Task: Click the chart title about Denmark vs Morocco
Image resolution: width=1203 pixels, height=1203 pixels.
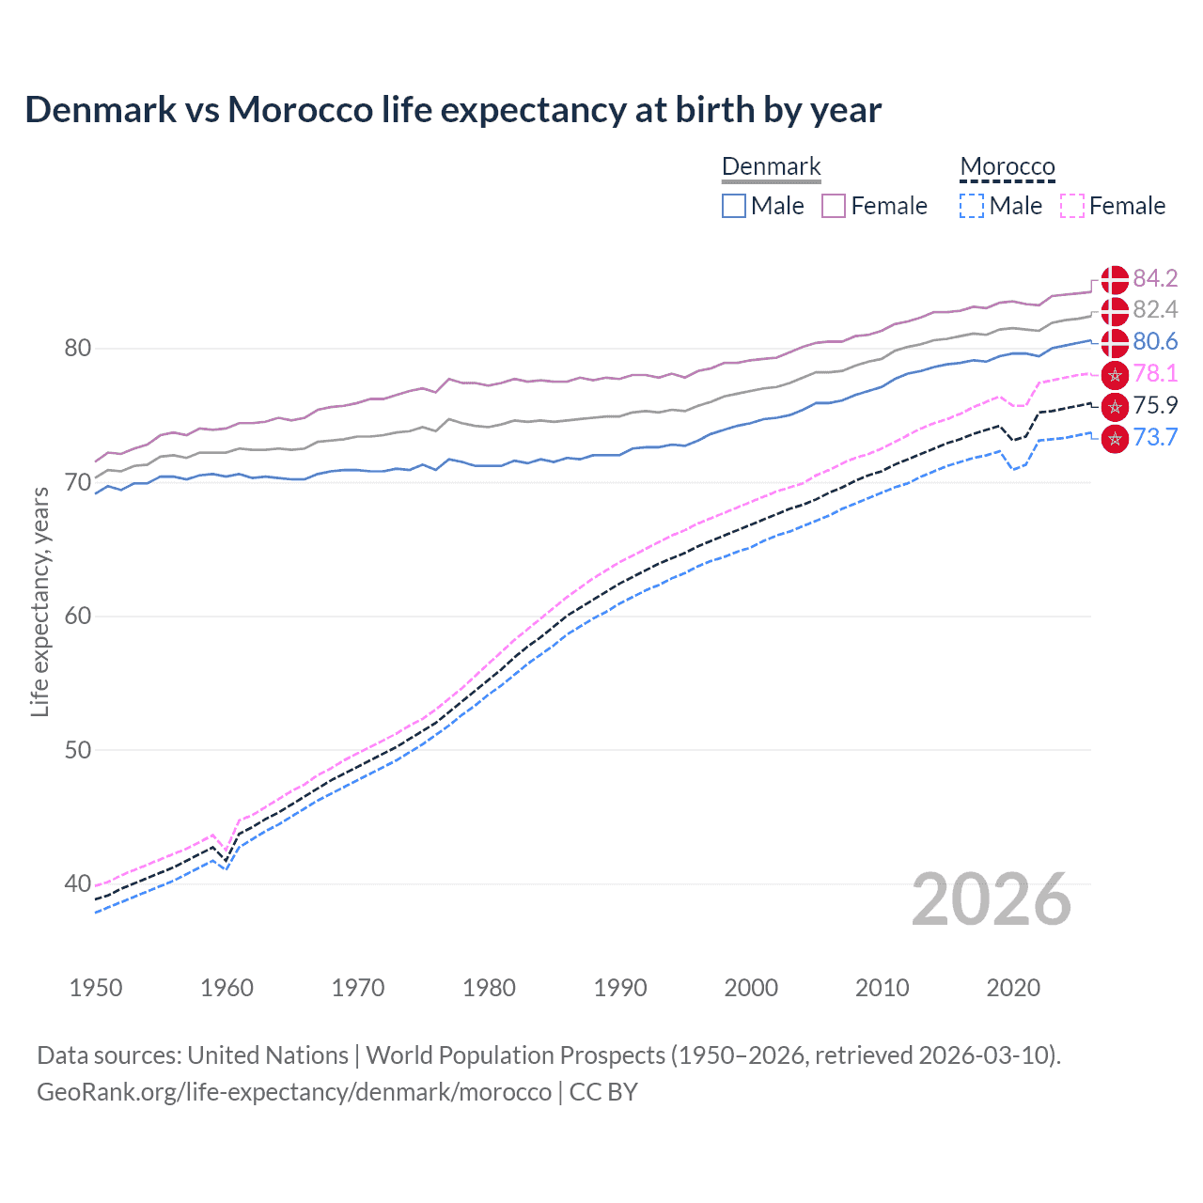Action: click(453, 110)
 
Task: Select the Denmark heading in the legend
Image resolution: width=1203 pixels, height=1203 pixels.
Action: click(771, 166)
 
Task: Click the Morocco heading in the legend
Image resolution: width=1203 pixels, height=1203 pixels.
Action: click(1008, 166)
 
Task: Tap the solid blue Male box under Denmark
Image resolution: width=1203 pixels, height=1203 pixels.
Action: click(734, 206)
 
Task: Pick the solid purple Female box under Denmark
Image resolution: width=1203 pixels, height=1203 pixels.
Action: click(834, 206)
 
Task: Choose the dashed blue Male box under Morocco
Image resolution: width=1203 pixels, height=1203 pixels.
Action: click(972, 206)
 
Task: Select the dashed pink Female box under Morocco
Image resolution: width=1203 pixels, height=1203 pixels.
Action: click(1072, 206)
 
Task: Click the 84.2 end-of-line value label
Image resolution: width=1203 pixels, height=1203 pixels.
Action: click(1155, 278)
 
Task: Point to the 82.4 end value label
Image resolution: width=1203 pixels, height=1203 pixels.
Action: click(1155, 309)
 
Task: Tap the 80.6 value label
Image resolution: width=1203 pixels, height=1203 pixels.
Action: click(1155, 341)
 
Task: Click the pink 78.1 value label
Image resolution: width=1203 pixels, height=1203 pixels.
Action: click(1155, 373)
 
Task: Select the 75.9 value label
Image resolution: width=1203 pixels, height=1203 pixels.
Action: click(1155, 405)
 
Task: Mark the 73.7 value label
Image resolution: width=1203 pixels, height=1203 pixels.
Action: click(1155, 437)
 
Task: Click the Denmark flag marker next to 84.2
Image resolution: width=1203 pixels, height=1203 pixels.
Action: click(1115, 279)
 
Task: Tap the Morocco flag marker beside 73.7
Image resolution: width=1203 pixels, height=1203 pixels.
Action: click(1115, 438)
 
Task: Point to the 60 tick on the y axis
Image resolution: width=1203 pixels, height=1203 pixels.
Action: click(77, 617)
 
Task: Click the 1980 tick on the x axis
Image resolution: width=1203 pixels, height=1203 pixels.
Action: click(489, 988)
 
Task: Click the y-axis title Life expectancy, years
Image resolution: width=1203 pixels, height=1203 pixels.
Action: click(40, 601)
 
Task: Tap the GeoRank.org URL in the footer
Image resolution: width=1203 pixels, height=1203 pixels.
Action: click(294, 1092)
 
